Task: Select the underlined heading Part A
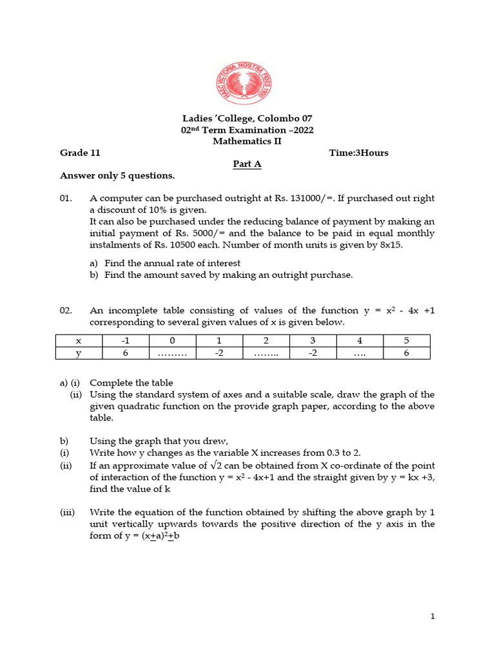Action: point(247,164)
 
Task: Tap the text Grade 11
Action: point(80,153)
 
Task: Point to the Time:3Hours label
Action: point(358,153)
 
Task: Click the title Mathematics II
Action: point(247,142)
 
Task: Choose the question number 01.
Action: point(67,199)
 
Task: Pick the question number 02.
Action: point(67,311)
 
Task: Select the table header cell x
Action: point(79,341)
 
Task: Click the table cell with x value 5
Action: point(406,341)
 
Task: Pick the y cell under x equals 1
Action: point(219,353)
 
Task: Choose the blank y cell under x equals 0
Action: point(172,353)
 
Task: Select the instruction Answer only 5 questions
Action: point(117,175)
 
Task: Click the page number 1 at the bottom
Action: point(433,617)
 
